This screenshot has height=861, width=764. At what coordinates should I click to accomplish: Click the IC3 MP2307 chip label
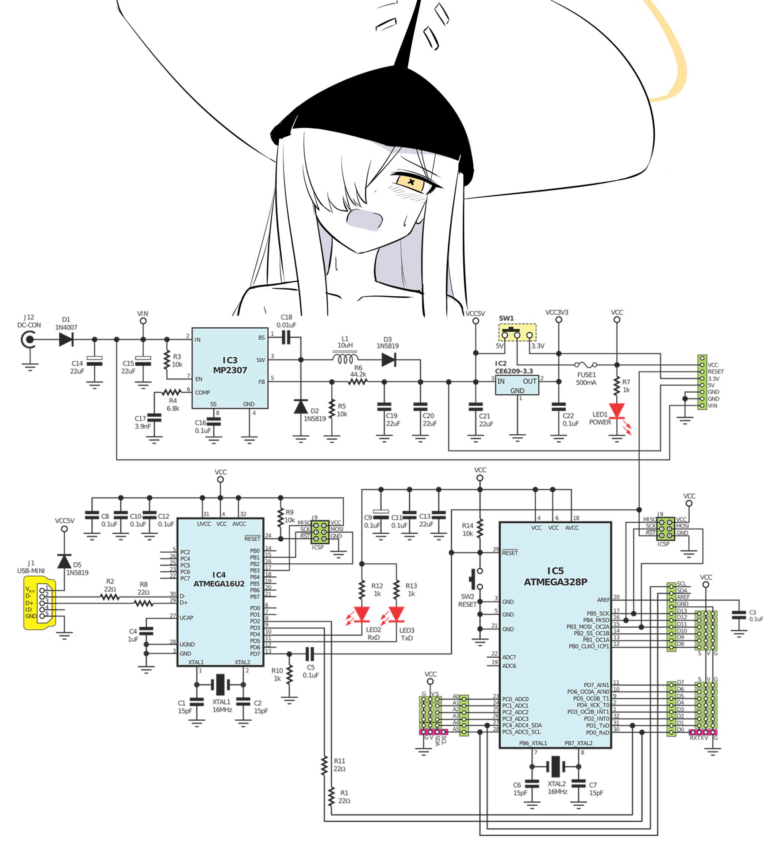[230, 365]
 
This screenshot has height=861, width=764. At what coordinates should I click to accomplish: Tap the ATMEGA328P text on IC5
[555, 582]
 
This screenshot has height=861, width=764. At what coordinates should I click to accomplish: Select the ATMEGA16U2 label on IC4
[219, 584]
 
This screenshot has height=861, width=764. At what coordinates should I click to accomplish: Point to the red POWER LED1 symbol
[617, 411]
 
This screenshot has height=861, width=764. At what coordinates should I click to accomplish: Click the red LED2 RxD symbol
[362, 614]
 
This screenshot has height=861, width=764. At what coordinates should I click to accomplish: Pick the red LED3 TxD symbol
[396, 614]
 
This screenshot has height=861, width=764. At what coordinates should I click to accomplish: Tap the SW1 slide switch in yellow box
[517, 333]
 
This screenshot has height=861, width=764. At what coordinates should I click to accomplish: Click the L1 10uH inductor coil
[345, 359]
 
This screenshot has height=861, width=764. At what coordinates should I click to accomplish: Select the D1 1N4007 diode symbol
[66, 340]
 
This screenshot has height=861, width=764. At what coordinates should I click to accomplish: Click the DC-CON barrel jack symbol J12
[29, 340]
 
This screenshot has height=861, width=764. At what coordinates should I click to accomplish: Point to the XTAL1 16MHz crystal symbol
[220, 685]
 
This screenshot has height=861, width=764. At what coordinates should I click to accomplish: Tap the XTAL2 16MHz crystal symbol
[555, 766]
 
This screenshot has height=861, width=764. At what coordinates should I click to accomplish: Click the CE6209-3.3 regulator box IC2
[517, 385]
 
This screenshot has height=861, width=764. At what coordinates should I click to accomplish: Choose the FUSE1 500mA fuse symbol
[586, 365]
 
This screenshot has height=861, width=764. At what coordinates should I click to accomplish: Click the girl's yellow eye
[411, 182]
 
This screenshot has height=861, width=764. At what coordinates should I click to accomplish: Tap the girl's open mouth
[364, 220]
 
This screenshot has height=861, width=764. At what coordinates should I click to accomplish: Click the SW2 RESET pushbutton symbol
[477, 579]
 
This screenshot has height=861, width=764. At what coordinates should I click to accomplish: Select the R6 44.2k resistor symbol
[357, 382]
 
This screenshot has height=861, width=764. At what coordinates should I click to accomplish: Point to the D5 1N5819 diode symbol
[65, 562]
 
